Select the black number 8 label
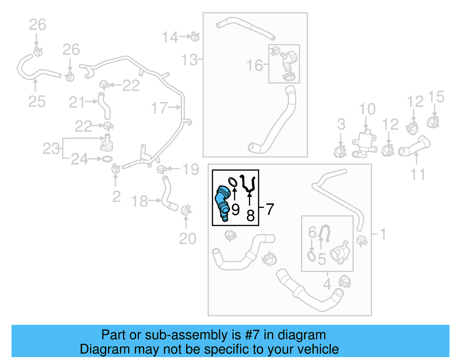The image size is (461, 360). coord(250,215)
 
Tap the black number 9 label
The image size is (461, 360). coord(235,210)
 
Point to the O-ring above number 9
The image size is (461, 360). coord(233,182)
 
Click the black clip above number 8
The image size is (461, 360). coord(248,183)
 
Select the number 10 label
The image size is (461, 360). coord(367,109)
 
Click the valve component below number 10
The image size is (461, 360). coord(364,144)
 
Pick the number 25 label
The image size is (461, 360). coord(37,102)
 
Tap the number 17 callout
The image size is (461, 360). coord(159,108)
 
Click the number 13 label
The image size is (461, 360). coord(189,60)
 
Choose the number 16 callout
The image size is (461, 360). coord(254,65)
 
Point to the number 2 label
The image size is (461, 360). coord(116,197)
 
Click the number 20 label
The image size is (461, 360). coord(188,239)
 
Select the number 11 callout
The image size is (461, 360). coord(417,175)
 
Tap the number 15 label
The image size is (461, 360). coord(436,97)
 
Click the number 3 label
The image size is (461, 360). coord(341,125)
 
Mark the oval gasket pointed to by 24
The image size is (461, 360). coord(107,159)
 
